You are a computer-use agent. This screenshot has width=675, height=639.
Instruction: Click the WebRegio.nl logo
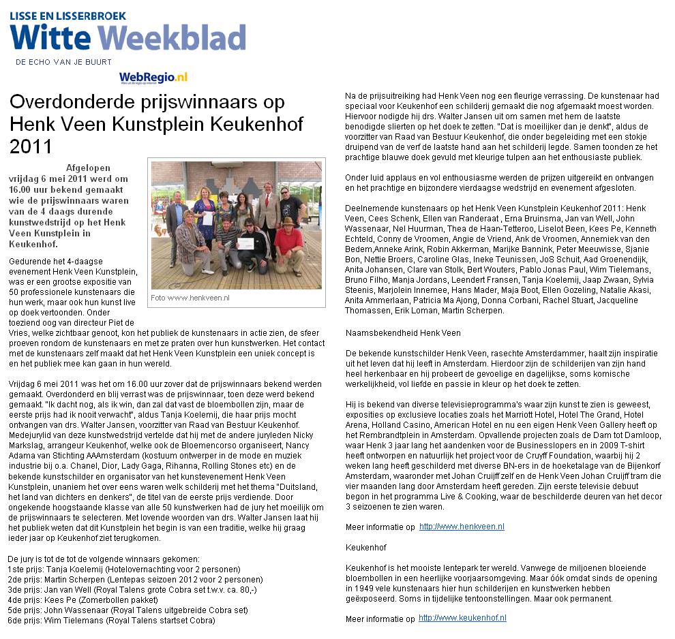click(x=153, y=78)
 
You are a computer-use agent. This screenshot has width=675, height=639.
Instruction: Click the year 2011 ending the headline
click(x=31, y=146)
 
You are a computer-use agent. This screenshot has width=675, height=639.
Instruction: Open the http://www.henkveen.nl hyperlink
click(x=462, y=527)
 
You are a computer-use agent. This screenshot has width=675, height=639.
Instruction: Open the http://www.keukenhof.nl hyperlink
click(x=462, y=618)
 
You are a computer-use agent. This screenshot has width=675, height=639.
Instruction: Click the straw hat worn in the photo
click(x=288, y=221)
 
